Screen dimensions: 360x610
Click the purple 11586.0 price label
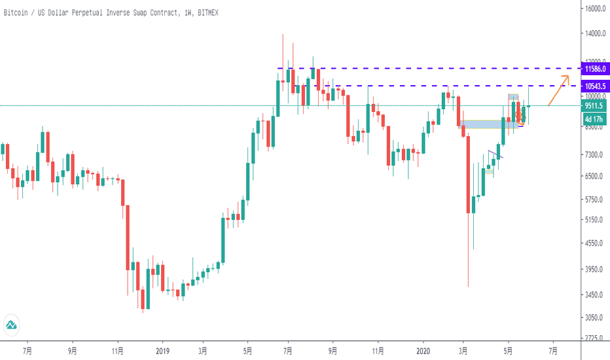click(x=596, y=68)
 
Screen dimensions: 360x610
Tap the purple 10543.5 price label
click(x=596, y=86)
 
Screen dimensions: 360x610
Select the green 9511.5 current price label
click(x=596, y=106)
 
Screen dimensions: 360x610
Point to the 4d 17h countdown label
click(x=595, y=119)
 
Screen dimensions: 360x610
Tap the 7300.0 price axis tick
click(x=595, y=154)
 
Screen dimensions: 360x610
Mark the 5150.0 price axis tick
click(x=595, y=220)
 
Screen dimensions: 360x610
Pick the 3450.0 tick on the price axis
click(x=595, y=295)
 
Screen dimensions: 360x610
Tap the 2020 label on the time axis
click(x=423, y=351)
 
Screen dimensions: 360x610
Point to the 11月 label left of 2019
click(x=118, y=351)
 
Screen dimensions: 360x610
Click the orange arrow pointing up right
click(x=558, y=90)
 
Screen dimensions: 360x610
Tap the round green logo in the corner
click(x=12, y=325)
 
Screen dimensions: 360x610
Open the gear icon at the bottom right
click(x=595, y=351)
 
